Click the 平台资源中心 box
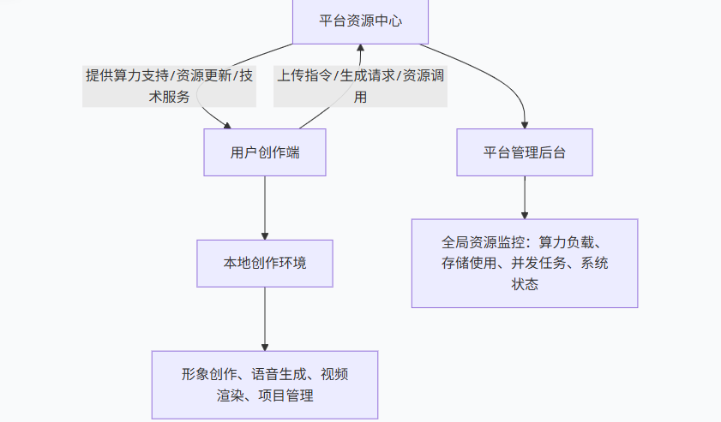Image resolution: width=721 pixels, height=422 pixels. pyautogui.click(x=360, y=21)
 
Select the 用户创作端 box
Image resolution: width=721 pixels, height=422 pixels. pyautogui.click(x=265, y=152)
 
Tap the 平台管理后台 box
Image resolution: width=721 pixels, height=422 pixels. pyautogui.click(x=524, y=152)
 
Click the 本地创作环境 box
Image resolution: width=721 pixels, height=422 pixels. pyautogui.click(x=265, y=263)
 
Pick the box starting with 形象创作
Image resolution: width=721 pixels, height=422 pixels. pyautogui.click(x=265, y=384)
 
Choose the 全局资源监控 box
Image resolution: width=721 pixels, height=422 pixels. pyautogui.click(x=524, y=263)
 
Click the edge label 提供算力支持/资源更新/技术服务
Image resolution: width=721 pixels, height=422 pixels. pyautogui.click(x=169, y=86)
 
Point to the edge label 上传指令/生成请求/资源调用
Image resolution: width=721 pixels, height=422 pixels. pyautogui.click(x=360, y=86)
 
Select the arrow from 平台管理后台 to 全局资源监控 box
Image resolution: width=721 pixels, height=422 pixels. pyautogui.click(x=525, y=197)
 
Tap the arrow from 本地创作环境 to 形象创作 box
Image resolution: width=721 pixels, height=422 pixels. pyautogui.click(x=265, y=318)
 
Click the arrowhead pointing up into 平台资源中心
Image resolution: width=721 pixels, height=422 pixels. pyautogui.click(x=361, y=49)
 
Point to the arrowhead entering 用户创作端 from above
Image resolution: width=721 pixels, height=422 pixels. pyautogui.click(x=228, y=124)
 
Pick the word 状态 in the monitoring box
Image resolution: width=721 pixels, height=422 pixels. pyautogui.click(x=525, y=284)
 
